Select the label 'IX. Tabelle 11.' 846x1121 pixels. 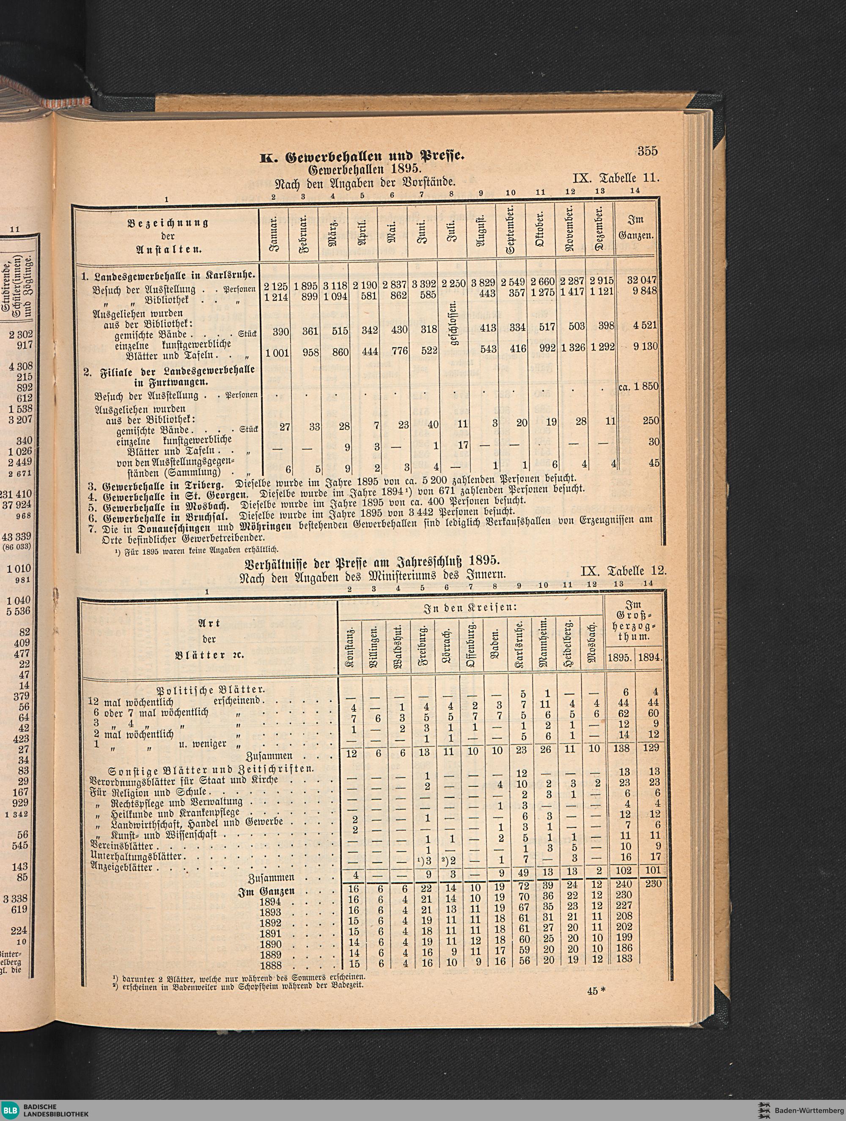(x=615, y=178)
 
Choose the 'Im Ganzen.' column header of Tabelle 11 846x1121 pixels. (x=636, y=228)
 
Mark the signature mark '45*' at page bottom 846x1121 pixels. (x=596, y=991)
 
